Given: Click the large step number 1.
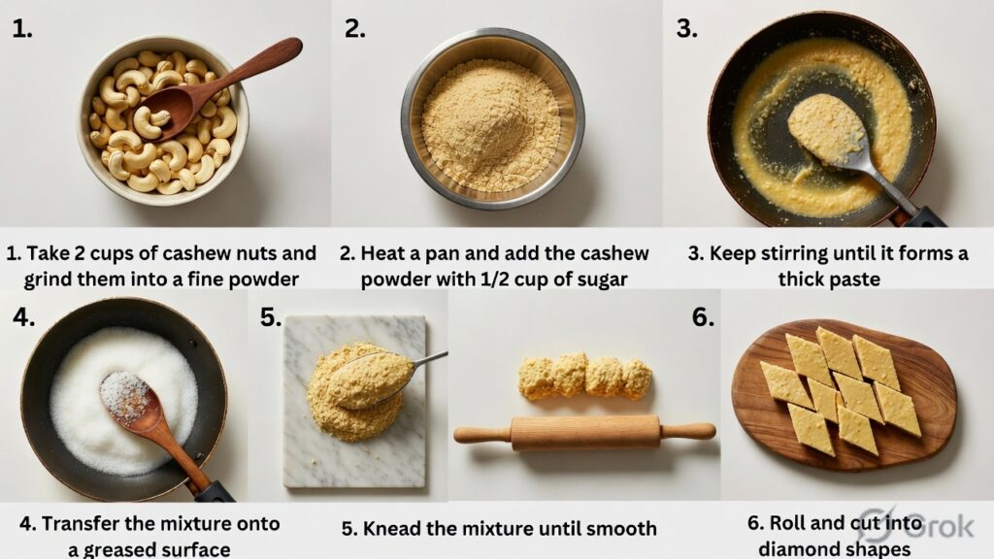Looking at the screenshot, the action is [21, 28].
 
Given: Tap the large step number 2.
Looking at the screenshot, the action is [354, 28].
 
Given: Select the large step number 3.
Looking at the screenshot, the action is [686, 28].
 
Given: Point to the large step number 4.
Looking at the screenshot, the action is [23, 317].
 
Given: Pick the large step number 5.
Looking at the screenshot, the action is [271, 317].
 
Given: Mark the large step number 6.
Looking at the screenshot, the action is [703, 317].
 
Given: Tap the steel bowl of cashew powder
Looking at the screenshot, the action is [492, 118].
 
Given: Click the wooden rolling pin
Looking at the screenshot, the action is [584, 433].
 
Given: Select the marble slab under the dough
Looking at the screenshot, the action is [354, 402].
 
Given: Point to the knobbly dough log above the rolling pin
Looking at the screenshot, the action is [585, 378].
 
